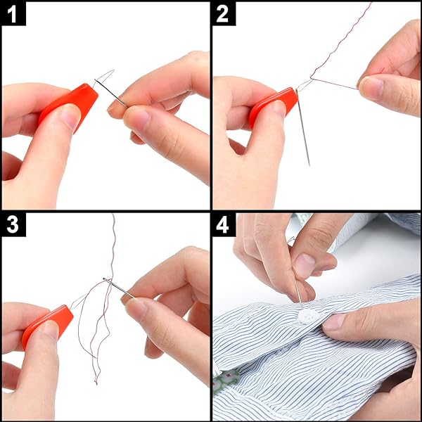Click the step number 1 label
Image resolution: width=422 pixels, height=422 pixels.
click(13, 13)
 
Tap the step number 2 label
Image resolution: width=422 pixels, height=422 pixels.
click(224, 13)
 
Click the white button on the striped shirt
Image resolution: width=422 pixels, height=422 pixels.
click(307, 316)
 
